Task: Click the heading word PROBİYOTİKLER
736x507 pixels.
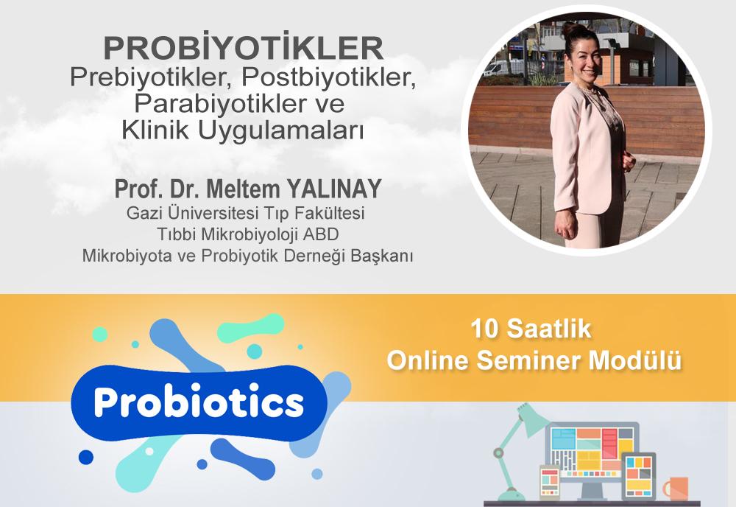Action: (243, 49)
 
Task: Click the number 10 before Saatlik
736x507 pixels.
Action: (486, 330)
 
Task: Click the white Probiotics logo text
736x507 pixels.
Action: (199, 402)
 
